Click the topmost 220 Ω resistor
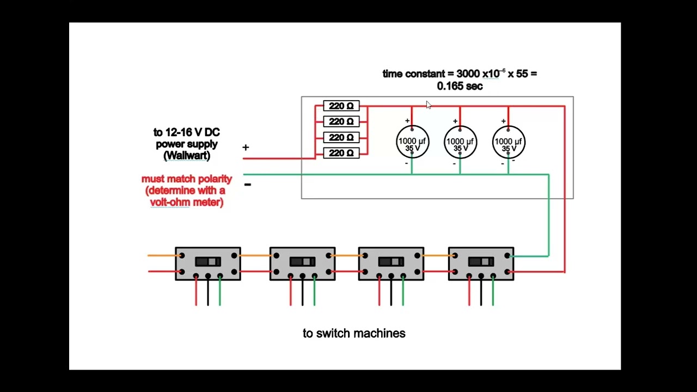(x=341, y=106)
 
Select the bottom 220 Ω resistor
(x=341, y=153)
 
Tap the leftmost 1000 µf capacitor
(x=412, y=143)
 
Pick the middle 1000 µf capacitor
(x=460, y=143)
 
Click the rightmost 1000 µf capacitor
(x=509, y=143)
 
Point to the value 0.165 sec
(x=460, y=86)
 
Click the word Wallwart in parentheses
(x=187, y=156)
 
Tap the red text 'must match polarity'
(x=187, y=179)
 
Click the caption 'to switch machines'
(x=354, y=333)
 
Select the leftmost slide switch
(x=207, y=264)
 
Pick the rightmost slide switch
(x=481, y=264)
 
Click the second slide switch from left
(x=302, y=264)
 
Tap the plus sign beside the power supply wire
(x=246, y=148)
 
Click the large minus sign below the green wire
(x=247, y=185)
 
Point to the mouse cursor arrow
(x=428, y=105)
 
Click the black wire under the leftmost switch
(x=208, y=294)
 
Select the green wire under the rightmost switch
(x=493, y=294)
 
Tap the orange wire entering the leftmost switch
(x=161, y=255)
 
